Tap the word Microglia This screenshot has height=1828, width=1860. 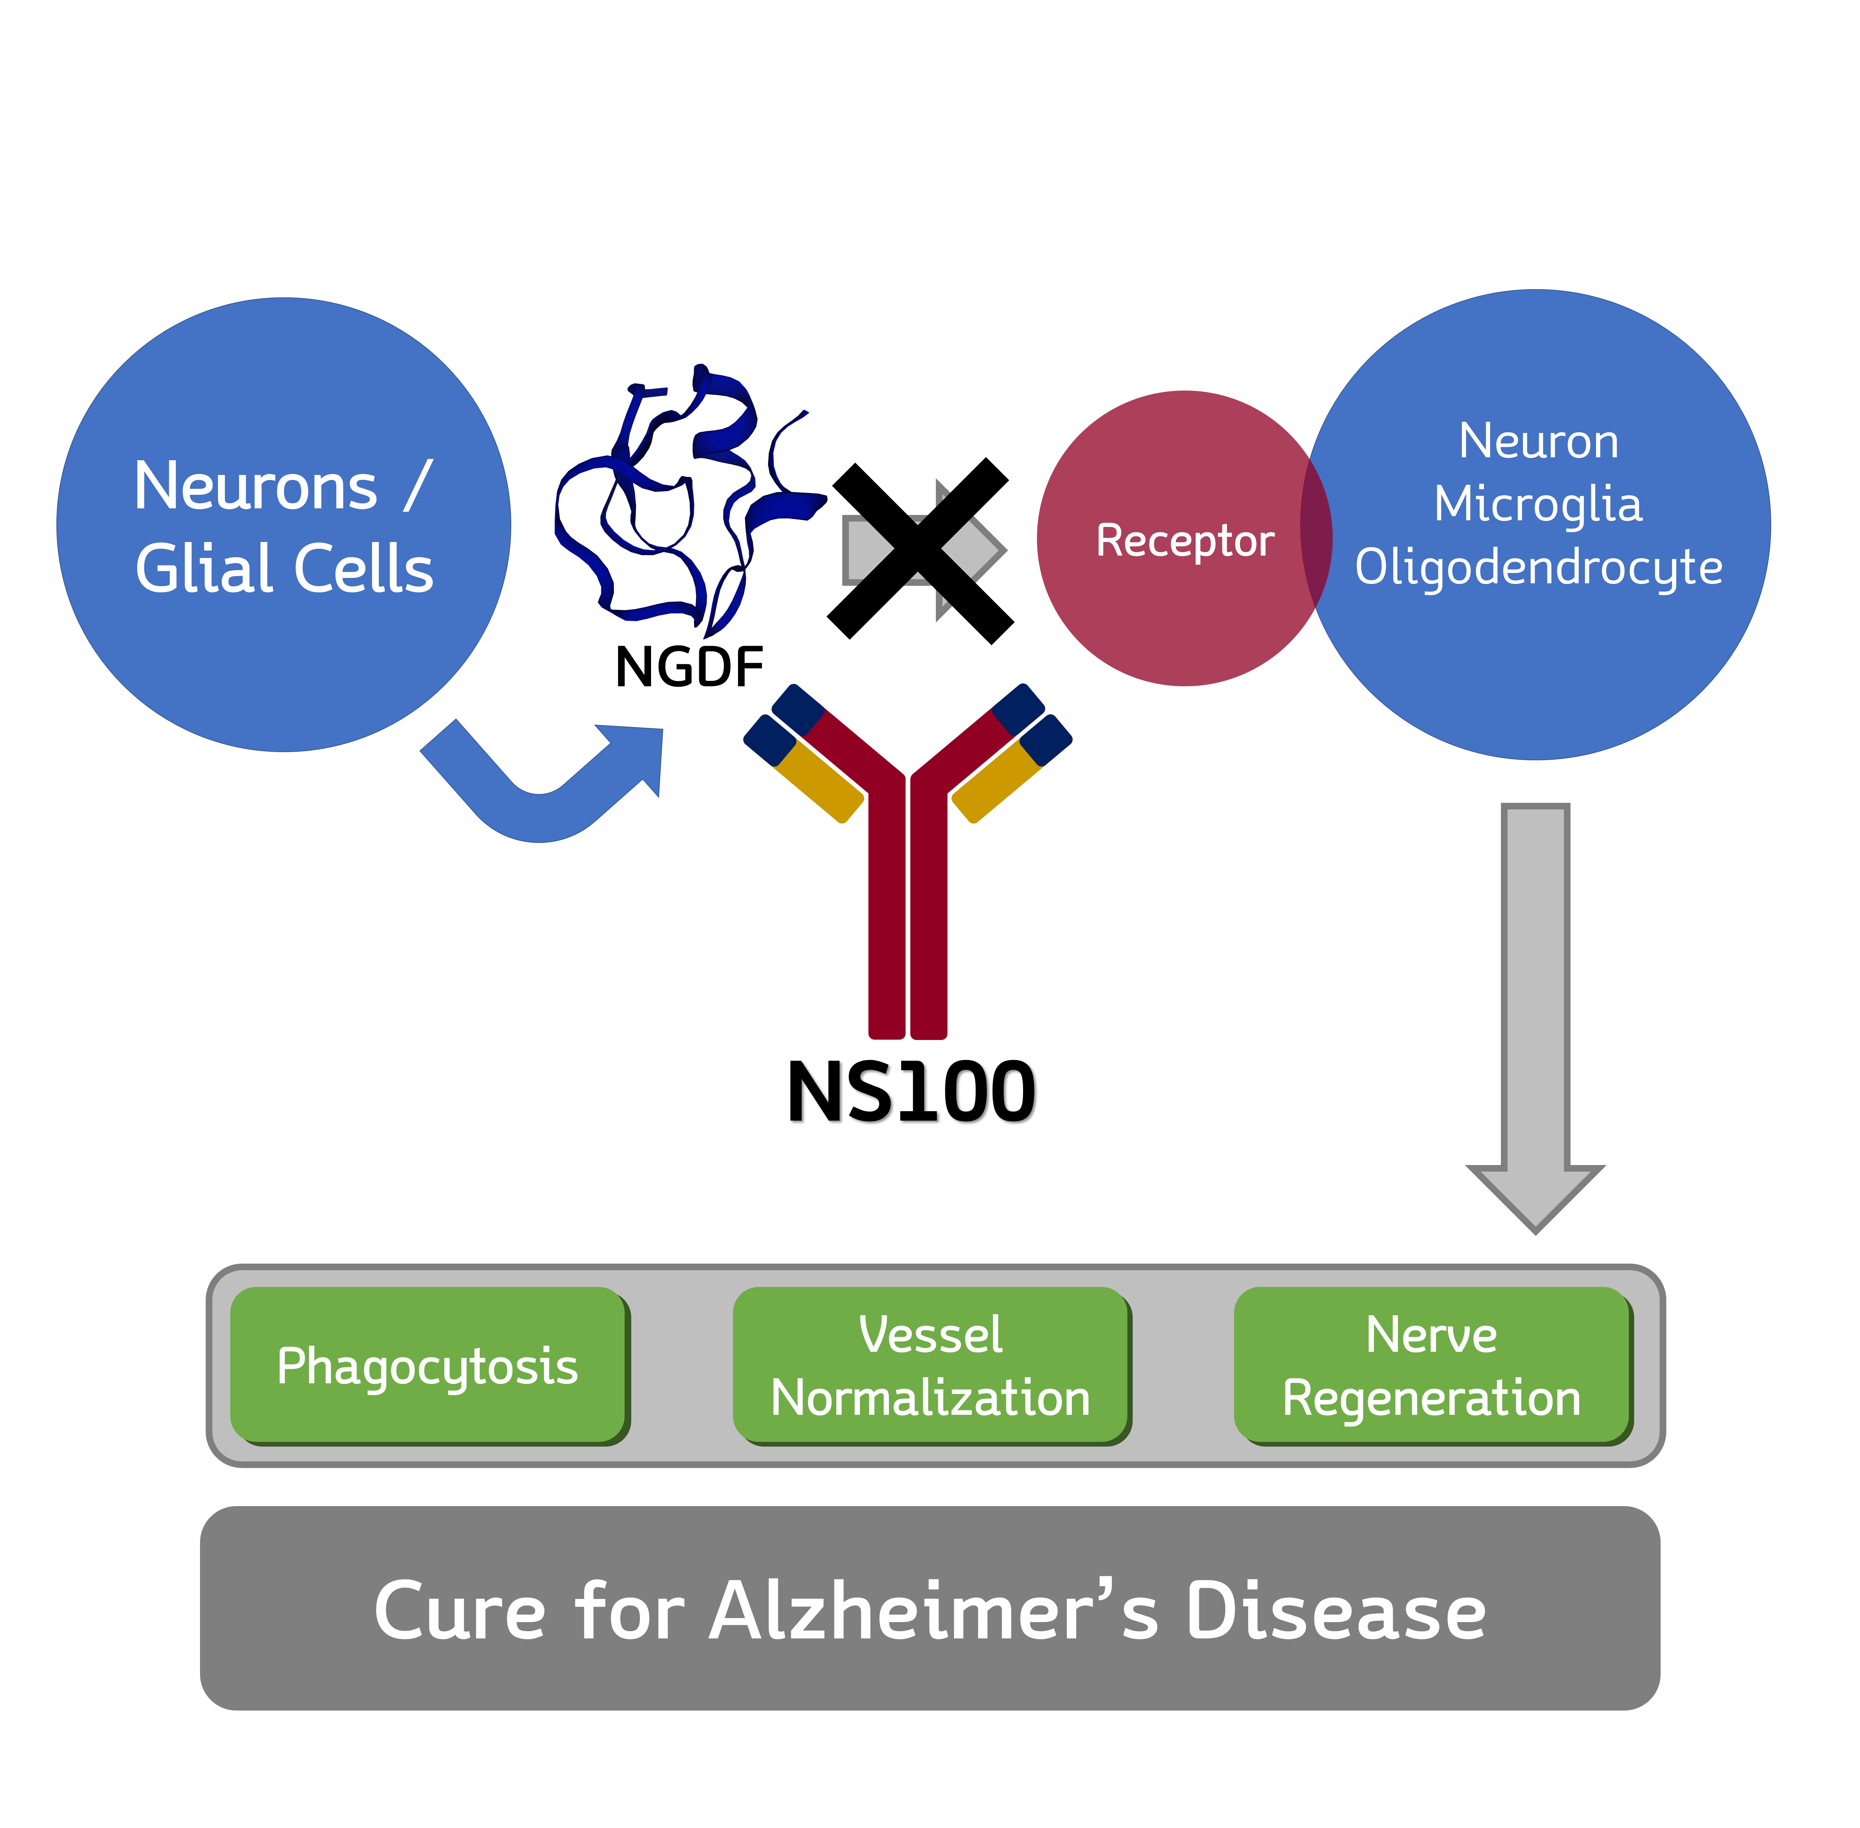click(1537, 504)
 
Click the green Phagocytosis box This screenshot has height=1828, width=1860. click(427, 1365)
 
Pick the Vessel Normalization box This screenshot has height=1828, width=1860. click(930, 1365)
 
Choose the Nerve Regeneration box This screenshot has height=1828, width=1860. click(1431, 1365)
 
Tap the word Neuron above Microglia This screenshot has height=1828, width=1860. click(1537, 442)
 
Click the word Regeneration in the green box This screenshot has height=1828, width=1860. click(1431, 1398)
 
